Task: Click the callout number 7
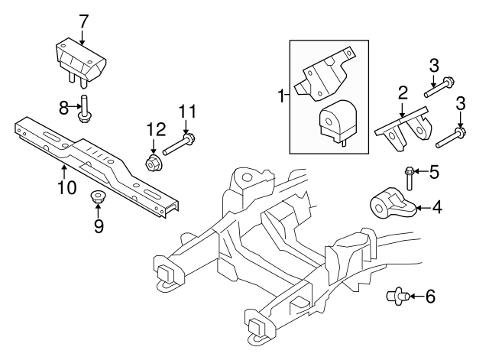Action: (83, 20)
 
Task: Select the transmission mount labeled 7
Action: (79, 61)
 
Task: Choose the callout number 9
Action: (98, 227)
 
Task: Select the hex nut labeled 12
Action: (154, 161)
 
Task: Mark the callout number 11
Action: (184, 112)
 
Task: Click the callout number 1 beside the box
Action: (280, 96)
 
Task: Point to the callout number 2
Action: (402, 93)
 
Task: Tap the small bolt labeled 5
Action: (411, 177)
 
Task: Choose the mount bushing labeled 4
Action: (392, 204)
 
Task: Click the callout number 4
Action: (437, 206)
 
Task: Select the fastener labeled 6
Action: (398, 294)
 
